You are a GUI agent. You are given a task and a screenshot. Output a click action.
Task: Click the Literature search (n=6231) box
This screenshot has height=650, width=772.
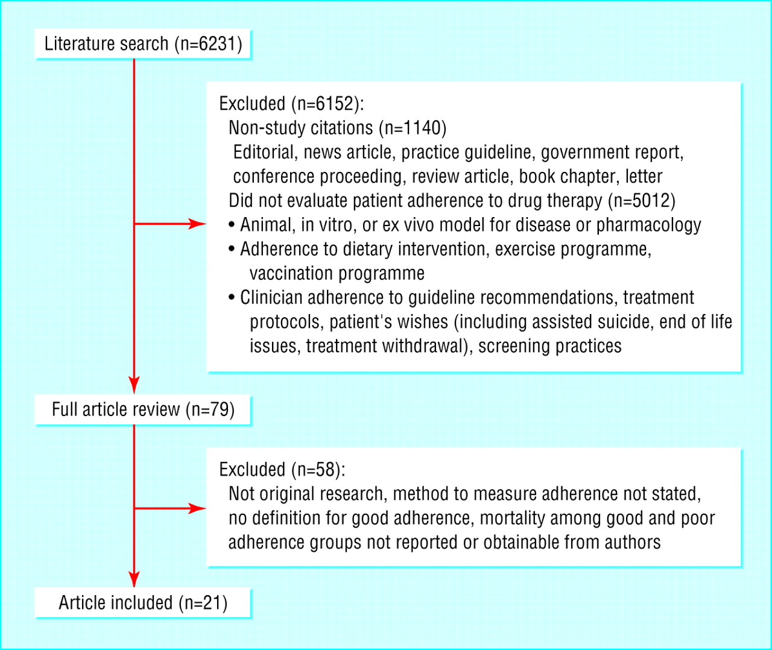[143, 43]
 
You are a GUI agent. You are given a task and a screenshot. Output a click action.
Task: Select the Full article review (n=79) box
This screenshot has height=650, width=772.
[143, 409]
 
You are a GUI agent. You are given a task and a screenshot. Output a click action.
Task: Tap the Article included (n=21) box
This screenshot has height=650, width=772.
[143, 603]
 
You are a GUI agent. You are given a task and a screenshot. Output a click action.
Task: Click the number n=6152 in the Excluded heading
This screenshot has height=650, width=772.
[325, 104]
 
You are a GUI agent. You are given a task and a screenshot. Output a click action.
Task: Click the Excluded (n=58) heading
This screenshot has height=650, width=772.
[282, 470]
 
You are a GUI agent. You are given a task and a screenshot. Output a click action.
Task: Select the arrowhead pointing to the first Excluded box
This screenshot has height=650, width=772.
[197, 224]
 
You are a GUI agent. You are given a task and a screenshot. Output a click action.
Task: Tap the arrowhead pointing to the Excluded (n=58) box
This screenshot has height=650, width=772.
[197, 508]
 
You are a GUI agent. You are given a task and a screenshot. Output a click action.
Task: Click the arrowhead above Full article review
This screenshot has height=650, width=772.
[134, 385]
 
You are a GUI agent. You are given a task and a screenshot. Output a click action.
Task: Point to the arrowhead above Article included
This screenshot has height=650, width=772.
[134, 579]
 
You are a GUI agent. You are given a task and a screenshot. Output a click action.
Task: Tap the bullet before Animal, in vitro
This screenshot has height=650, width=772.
[232, 224]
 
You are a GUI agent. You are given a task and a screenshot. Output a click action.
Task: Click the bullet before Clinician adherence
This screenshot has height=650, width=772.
[232, 297]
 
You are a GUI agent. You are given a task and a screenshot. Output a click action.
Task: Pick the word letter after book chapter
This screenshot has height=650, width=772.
[644, 176]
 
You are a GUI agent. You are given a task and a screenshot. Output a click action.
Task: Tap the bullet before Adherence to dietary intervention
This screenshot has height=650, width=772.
[232, 249]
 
